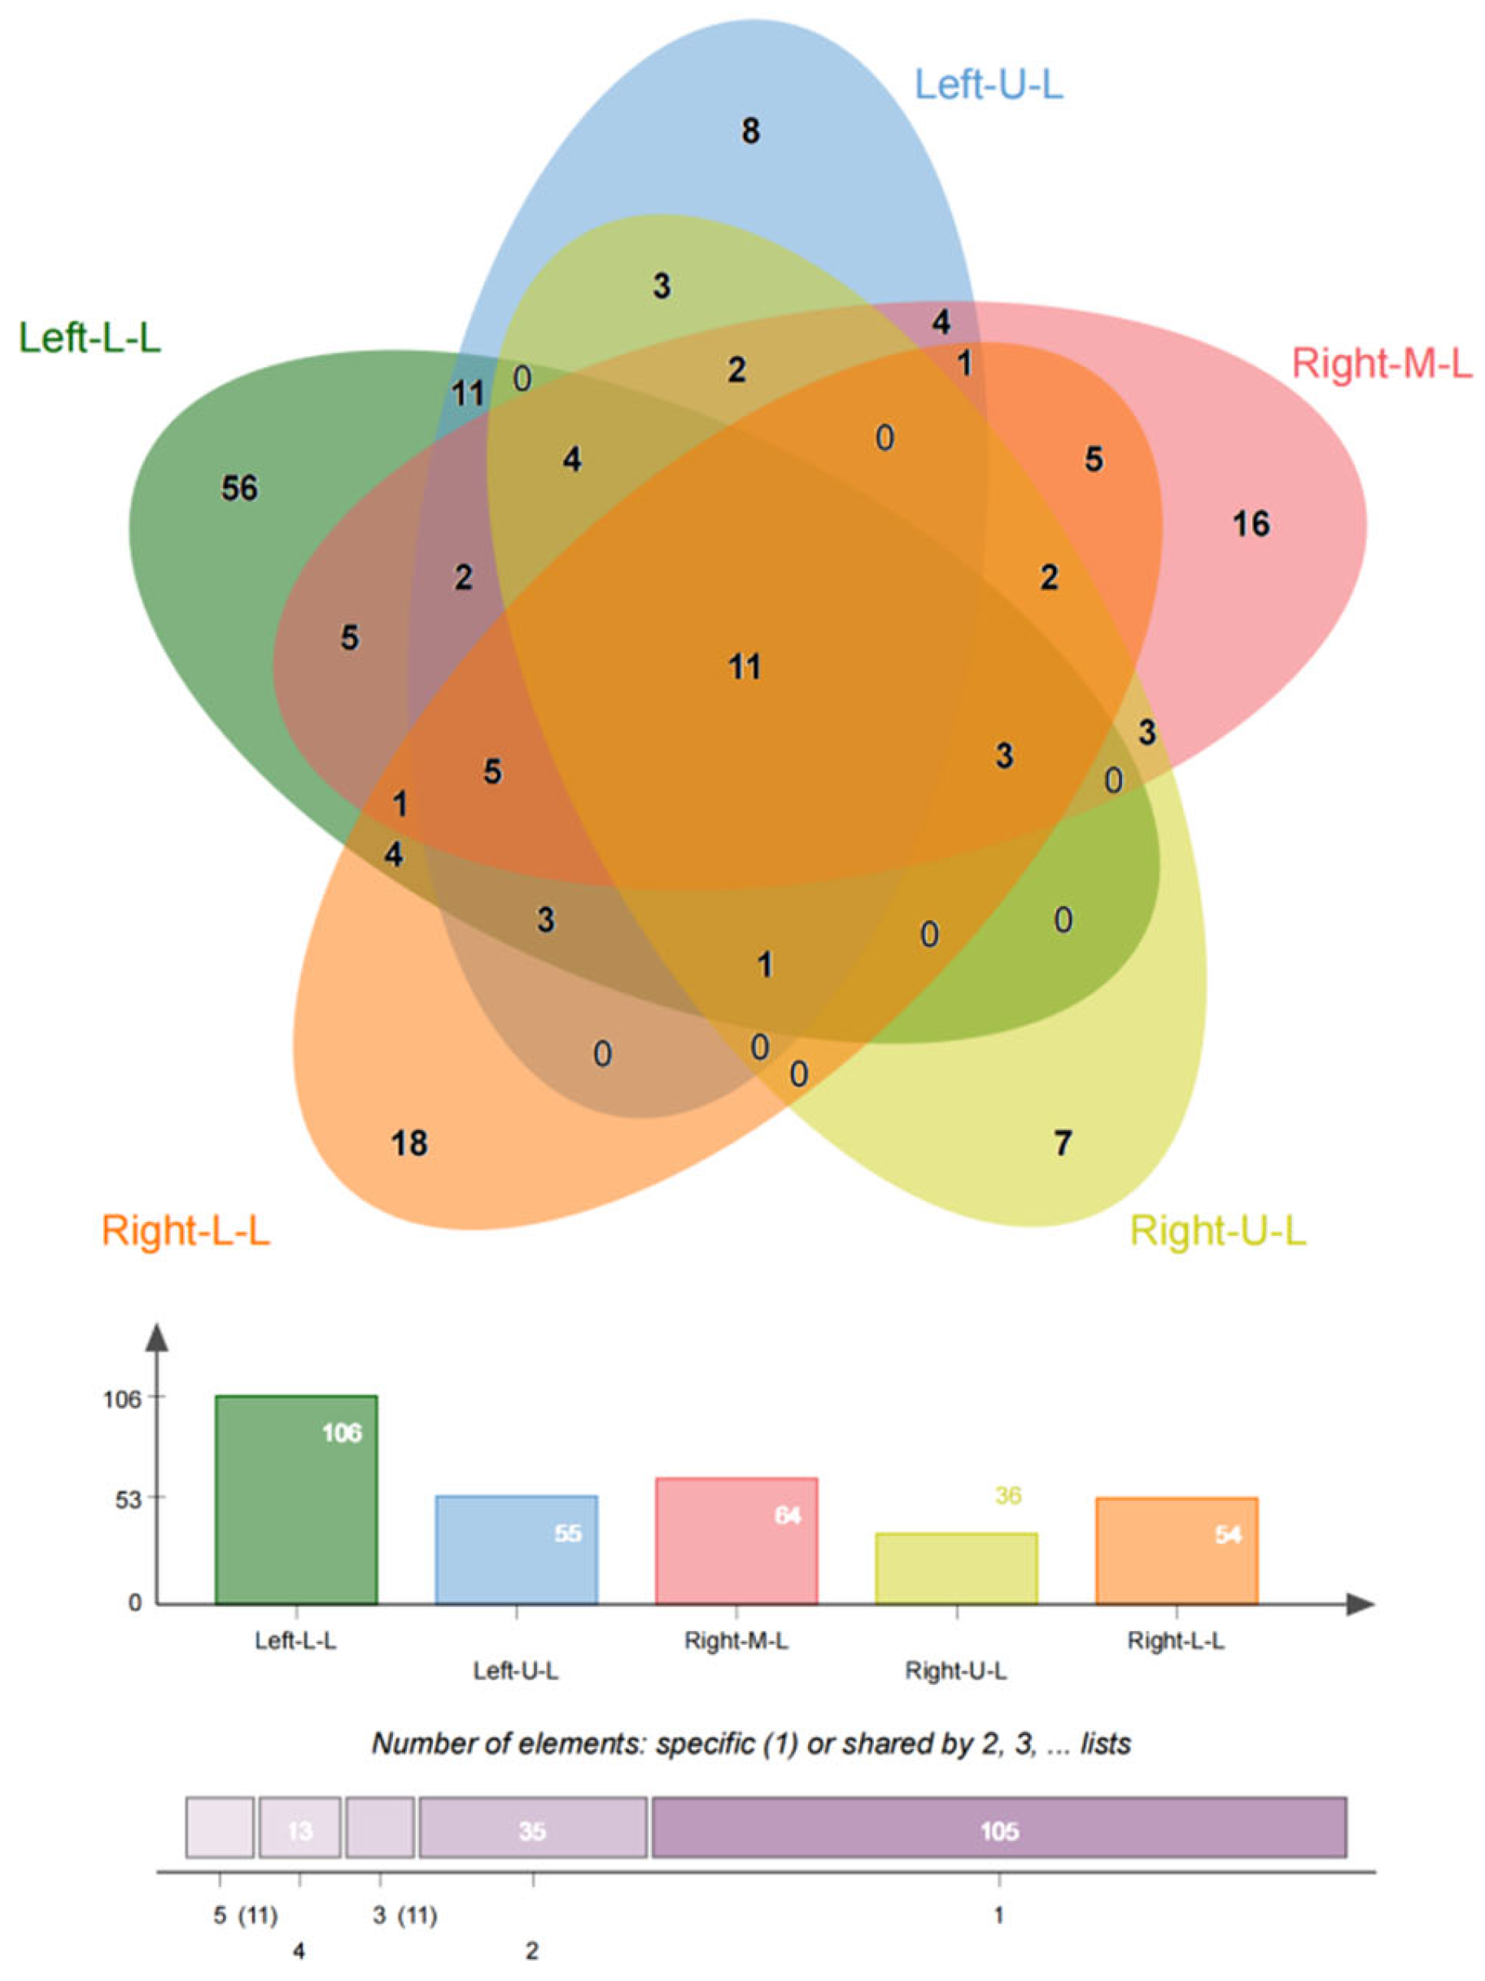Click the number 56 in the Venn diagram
pyautogui.click(x=239, y=488)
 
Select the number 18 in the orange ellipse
pyautogui.click(x=409, y=1144)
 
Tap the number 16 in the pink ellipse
pyautogui.click(x=1251, y=524)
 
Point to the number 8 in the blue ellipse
pyautogui.click(x=750, y=132)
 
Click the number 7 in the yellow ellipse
pyautogui.click(x=1062, y=1144)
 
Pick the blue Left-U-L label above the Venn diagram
pyautogui.click(x=989, y=85)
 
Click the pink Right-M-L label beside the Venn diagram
pyautogui.click(x=1381, y=364)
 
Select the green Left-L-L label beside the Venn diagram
pyautogui.click(x=90, y=338)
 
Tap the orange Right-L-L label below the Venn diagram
pyautogui.click(x=186, y=1231)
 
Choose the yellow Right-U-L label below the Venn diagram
pyautogui.click(x=1218, y=1231)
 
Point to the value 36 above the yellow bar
pyautogui.click(x=1007, y=1494)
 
